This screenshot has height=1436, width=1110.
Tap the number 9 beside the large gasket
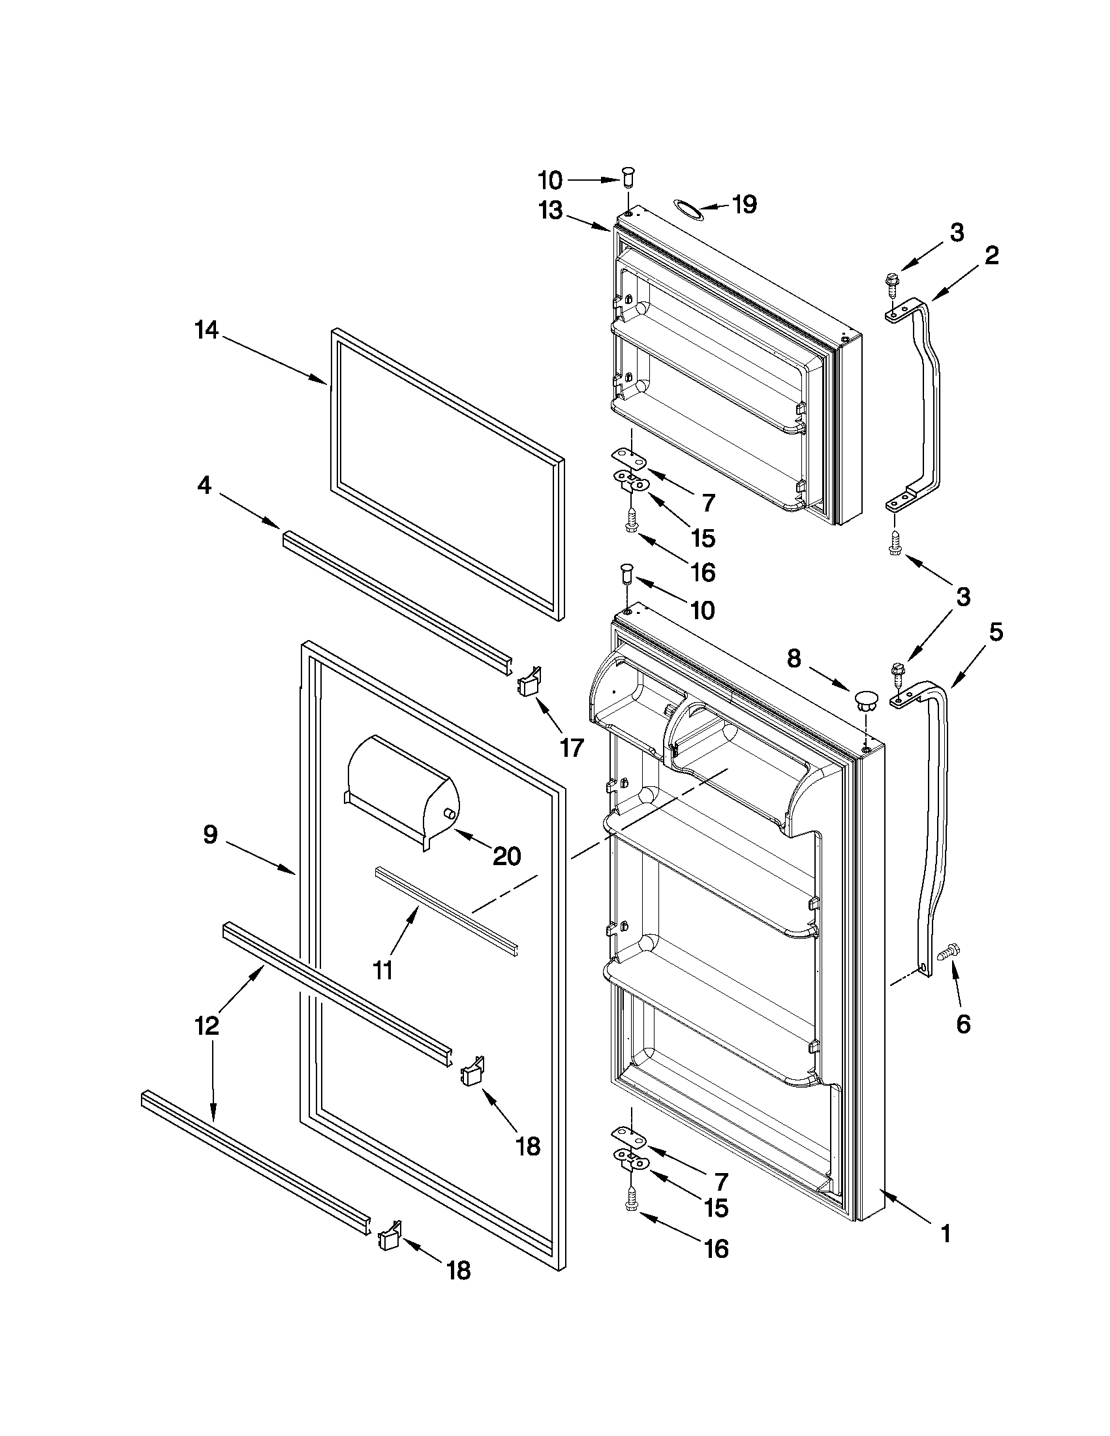click(209, 836)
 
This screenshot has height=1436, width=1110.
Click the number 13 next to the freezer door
click(550, 210)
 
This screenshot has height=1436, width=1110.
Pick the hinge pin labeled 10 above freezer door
click(628, 177)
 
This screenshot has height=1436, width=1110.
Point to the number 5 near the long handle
click(996, 632)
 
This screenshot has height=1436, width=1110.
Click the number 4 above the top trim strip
click(204, 486)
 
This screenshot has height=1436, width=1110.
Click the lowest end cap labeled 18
click(390, 1238)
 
